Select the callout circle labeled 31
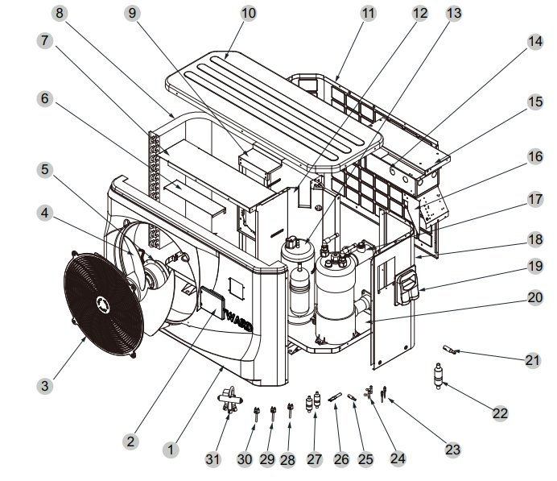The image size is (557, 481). (212, 459)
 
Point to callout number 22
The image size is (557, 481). (501, 413)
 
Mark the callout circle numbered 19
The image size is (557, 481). (534, 266)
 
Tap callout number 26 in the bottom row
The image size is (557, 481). (341, 459)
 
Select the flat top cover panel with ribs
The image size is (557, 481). (274, 105)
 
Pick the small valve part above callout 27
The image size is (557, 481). (312, 400)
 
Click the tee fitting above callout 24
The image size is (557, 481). (372, 392)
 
